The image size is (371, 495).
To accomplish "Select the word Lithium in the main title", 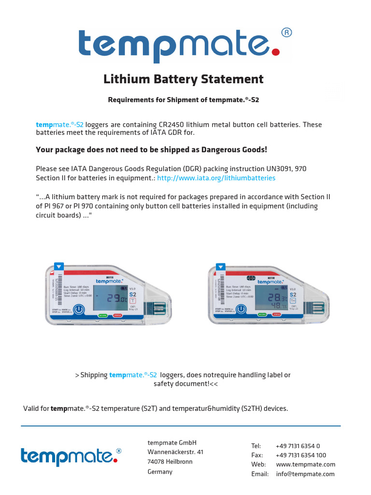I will click(x=127, y=79).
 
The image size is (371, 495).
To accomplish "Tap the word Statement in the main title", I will click(x=231, y=79).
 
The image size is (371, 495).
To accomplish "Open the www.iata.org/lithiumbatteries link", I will click(x=216, y=178).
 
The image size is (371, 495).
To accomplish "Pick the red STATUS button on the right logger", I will click(x=276, y=314).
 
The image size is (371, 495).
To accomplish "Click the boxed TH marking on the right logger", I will click(x=292, y=300).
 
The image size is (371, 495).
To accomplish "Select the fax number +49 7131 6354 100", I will click(x=301, y=455).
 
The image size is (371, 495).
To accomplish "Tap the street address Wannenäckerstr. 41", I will click(x=175, y=452).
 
